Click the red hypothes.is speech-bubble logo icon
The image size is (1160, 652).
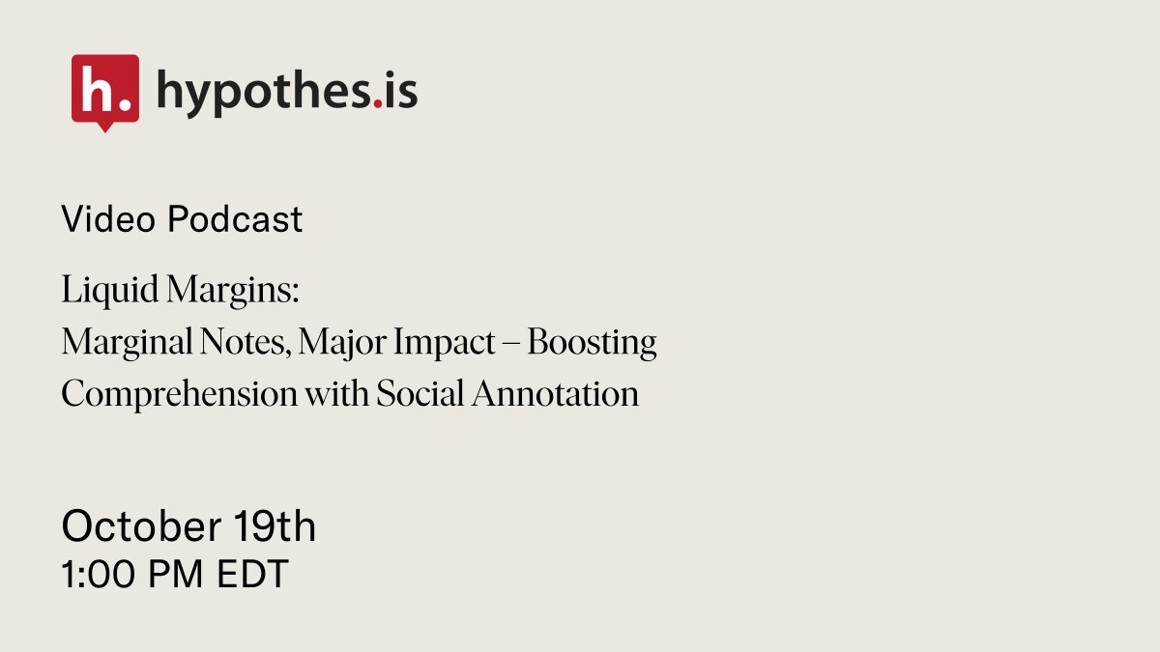104,90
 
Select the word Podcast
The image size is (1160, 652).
234,220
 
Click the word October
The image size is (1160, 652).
141,527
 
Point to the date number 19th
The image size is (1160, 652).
275,527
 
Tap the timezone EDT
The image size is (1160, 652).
252,576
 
